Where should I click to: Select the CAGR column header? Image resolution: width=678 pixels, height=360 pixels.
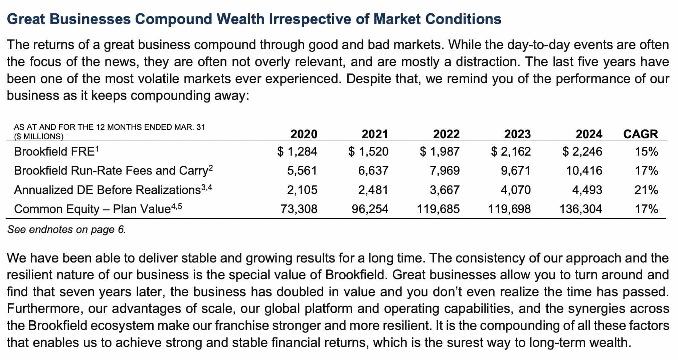(x=640, y=134)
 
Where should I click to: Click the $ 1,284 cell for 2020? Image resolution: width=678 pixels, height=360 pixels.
(x=297, y=152)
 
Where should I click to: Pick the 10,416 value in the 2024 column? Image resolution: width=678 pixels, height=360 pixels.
(x=584, y=171)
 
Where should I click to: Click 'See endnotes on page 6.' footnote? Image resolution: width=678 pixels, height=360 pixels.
(x=66, y=230)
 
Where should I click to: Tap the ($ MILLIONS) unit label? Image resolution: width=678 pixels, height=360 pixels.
(x=38, y=136)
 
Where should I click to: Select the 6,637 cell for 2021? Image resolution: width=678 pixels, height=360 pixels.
(x=373, y=171)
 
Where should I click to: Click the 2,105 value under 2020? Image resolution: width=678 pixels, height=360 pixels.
(x=302, y=190)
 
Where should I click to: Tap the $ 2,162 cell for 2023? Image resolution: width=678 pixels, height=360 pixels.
(x=511, y=152)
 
